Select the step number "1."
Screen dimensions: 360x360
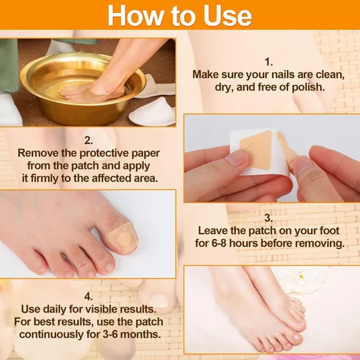click(269, 62)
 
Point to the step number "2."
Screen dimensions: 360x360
click(89, 140)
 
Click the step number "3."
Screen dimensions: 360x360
click(269, 218)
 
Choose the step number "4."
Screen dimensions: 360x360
click(89, 297)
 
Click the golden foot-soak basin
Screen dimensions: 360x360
click(83, 89)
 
